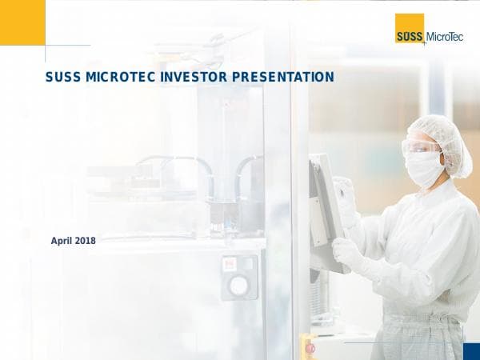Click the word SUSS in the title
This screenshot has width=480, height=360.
coord(63,77)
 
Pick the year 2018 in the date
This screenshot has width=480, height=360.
coord(86,241)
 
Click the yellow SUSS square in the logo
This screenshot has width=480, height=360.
coord(410,29)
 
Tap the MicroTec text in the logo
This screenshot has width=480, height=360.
coord(445,35)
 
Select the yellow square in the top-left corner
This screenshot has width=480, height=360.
coord(22,22)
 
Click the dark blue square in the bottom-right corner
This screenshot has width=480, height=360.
coord(471,351)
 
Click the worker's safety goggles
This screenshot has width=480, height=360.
coord(422,147)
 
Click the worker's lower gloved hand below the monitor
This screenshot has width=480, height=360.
coord(346,252)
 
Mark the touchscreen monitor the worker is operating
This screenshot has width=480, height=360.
coord(324,204)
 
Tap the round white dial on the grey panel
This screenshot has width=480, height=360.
coord(238,285)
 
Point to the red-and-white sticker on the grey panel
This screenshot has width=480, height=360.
coord(229,265)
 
